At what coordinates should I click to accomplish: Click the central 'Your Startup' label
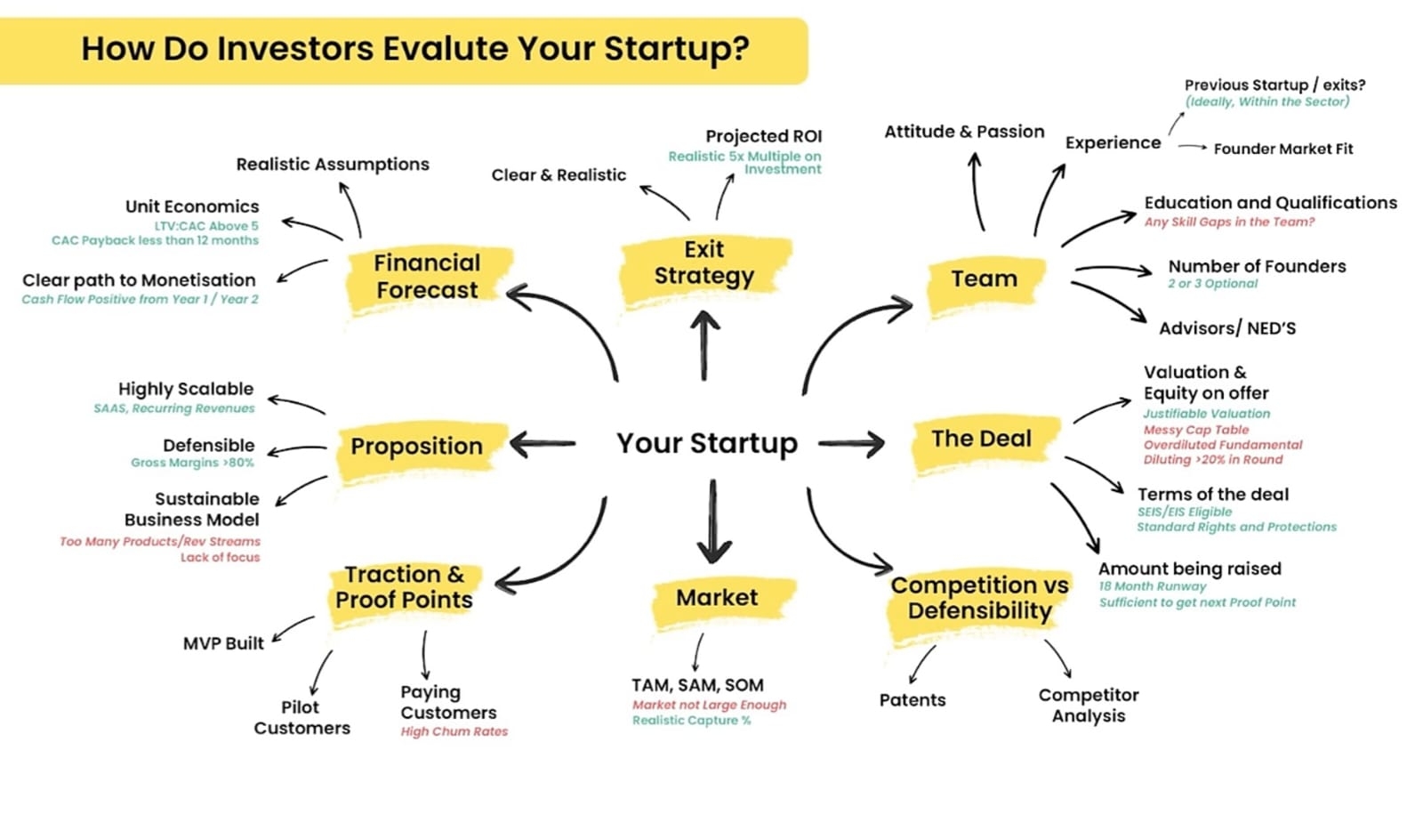tap(707, 443)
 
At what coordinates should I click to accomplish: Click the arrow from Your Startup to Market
tap(713, 521)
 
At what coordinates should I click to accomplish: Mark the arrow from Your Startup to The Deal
tap(851, 444)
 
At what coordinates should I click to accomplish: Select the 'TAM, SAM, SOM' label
tap(697, 685)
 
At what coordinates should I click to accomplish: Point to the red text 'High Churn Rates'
tap(454, 731)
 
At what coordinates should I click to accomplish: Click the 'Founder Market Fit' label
tap(1283, 149)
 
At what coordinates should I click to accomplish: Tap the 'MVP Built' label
tap(223, 644)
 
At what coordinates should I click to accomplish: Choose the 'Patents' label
tap(912, 700)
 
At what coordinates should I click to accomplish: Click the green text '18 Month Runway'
tap(1153, 586)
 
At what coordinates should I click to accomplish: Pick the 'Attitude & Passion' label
tap(964, 133)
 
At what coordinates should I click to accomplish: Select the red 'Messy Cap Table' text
tap(1196, 431)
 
